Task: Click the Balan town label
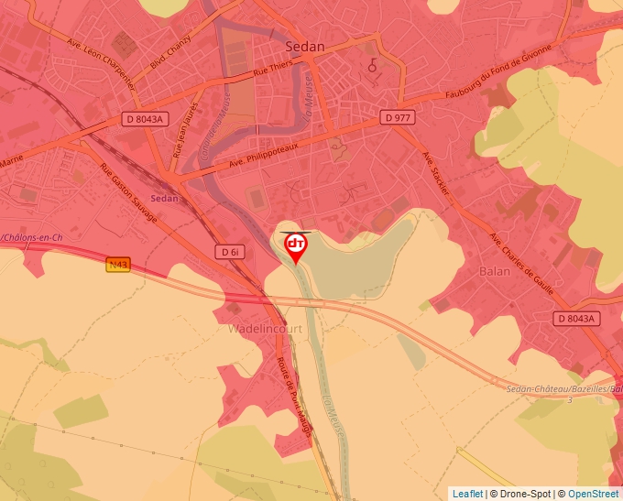click(x=494, y=271)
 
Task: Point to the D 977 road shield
click(x=399, y=117)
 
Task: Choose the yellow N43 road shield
click(x=118, y=265)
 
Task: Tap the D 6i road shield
click(x=230, y=251)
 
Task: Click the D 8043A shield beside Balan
click(x=575, y=319)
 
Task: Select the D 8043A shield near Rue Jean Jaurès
click(x=145, y=119)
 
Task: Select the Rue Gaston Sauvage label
click(x=128, y=193)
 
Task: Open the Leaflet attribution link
click(x=466, y=494)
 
